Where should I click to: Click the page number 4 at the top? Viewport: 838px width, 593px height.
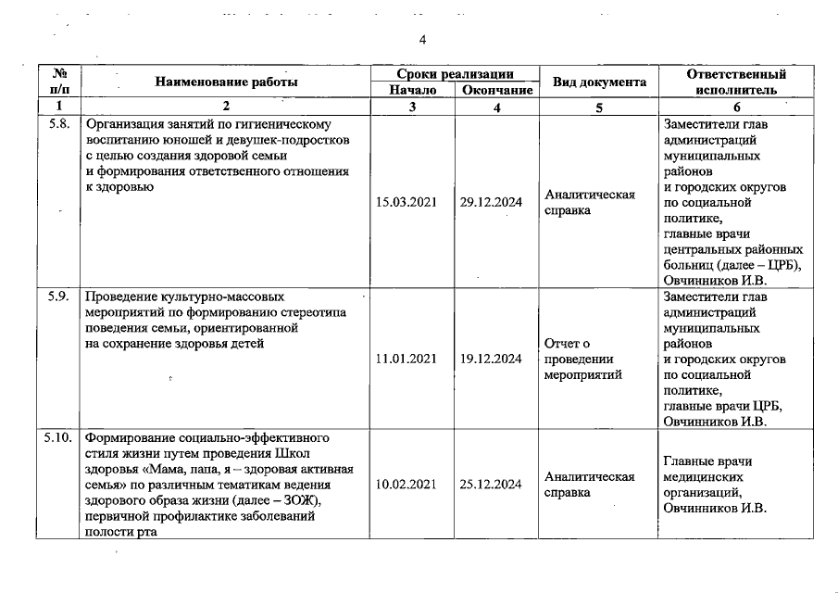(422, 39)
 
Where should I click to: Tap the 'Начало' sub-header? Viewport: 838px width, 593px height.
(412, 90)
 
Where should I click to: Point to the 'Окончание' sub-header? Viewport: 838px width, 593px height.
(497, 90)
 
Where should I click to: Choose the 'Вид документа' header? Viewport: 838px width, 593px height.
(598, 82)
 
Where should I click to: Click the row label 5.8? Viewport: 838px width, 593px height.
(58, 123)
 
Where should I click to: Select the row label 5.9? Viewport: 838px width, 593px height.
(58, 298)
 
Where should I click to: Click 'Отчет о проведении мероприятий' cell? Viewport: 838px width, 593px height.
(583, 360)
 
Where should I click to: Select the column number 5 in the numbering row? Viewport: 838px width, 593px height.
(598, 107)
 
